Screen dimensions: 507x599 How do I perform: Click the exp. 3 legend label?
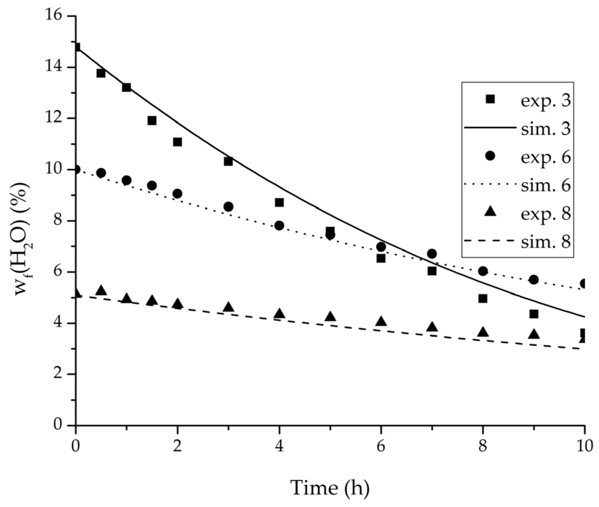click(546, 101)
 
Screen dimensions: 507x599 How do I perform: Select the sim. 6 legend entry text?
click(546, 186)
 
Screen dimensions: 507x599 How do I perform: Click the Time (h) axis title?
click(330, 488)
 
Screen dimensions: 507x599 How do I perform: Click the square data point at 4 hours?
click(279, 203)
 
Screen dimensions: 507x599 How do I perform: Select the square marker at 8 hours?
click(483, 298)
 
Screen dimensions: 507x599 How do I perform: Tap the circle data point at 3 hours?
click(228, 206)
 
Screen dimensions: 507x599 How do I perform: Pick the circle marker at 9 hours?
click(534, 280)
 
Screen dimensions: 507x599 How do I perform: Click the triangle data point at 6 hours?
click(381, 321)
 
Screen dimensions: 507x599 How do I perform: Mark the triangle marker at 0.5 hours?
click(101, 291)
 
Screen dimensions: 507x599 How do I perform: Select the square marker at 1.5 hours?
click(152, 121)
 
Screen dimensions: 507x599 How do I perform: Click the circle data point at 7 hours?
click(432, 254)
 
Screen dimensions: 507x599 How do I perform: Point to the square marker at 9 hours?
click(534, 314)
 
